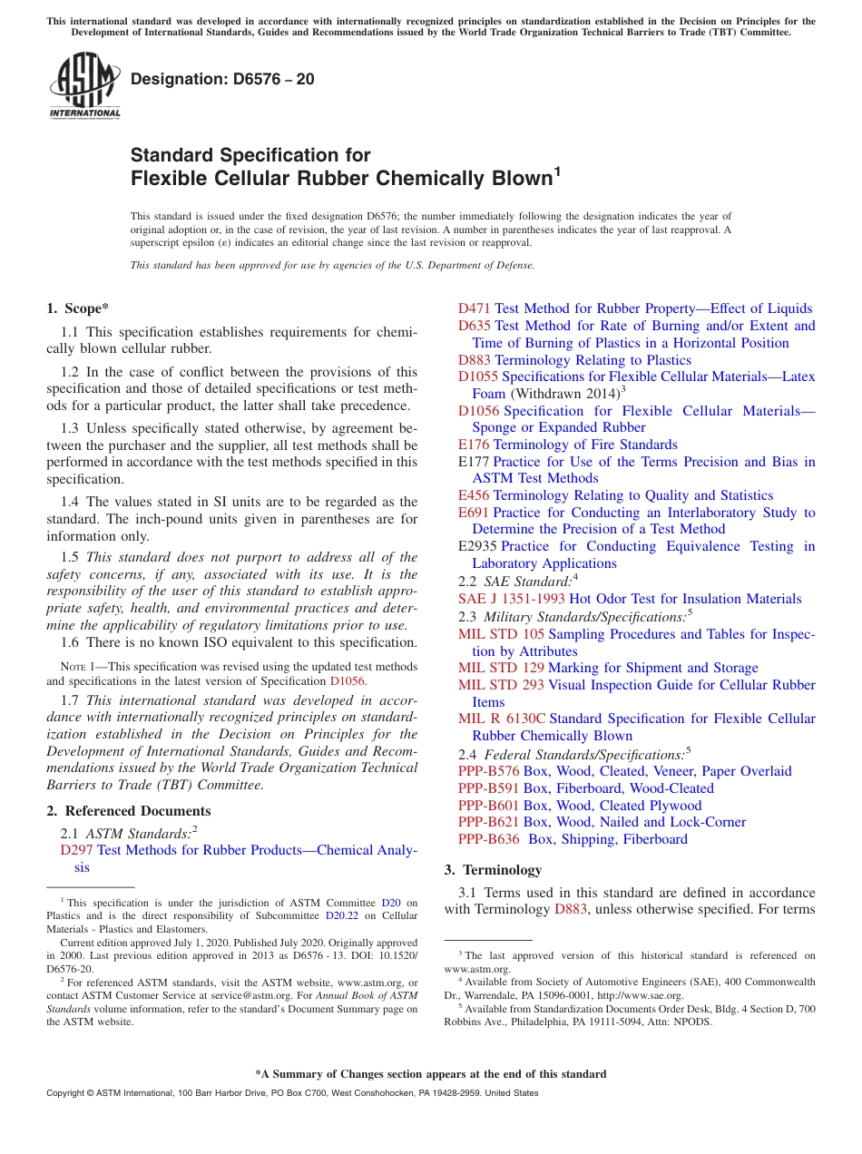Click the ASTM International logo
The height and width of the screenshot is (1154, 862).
pyautogui.click(x=84, y=85)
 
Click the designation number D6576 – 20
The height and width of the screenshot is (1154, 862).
pyautogui.click(x=222, y=79)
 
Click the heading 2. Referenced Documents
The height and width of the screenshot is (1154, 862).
pyautogui.click(x=129, y=811)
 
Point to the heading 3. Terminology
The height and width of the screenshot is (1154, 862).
pyautogui.click(x=493, y=870)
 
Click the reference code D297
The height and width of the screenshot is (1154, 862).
pyautogui.click(x=77, y=850)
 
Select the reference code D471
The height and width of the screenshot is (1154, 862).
pyautogui.click(x=475, y=308)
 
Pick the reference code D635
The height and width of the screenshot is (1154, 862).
pyautogui.click(x=475, y=326)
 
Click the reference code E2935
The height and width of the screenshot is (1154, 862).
pyautogui.click(x=477, y=546)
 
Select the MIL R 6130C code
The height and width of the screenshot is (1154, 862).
pyautogui.click(x=502, y=719)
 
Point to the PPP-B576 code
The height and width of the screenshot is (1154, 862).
pyautogui.click(x=488, y=771)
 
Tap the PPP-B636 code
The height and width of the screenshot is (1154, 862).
pyautogui.click(x=488, y=839)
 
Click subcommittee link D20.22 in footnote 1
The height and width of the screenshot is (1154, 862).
pyautogui.click(x=343, y=916)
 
